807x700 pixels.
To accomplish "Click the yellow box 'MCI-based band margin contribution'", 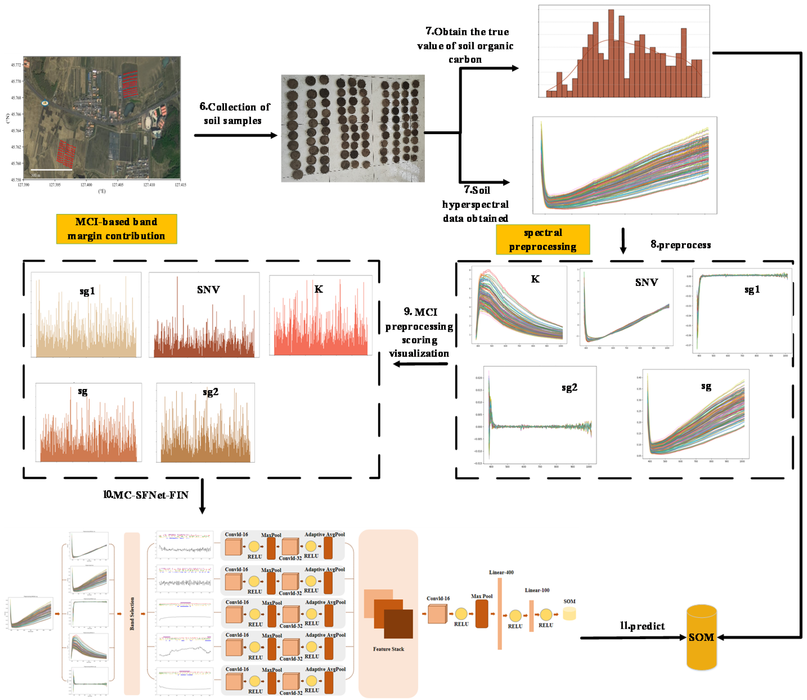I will [116, 229].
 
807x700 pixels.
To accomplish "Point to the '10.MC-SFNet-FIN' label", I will [146, 495].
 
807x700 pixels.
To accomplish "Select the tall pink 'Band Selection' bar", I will [132, 613].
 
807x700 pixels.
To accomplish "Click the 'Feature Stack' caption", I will [389, 649].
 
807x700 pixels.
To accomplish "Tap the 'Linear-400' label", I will [501, 572].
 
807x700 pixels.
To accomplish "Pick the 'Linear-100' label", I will [537, 590].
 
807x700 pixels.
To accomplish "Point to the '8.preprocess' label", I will [680, 245].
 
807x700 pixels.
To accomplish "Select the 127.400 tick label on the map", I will [86, 185].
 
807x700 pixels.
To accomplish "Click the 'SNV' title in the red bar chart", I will [208, 290].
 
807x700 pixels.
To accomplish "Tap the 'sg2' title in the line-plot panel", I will [569, 387].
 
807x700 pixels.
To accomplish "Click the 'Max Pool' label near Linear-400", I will [481, 596].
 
